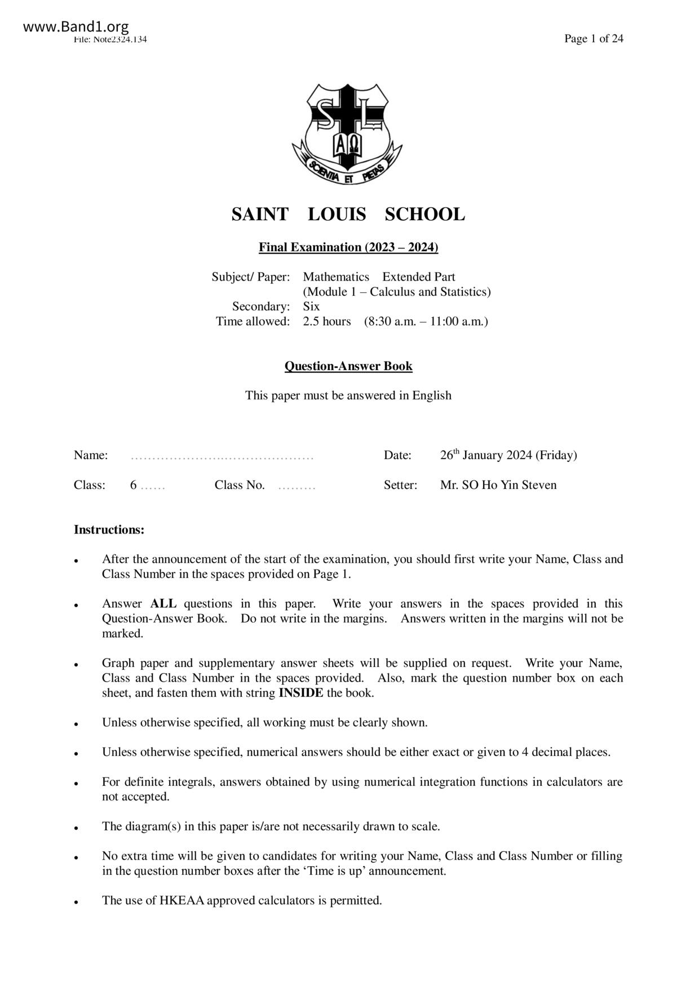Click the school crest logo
347,134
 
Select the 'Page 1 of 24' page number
594,39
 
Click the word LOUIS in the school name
337,215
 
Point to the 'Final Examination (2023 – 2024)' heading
348,247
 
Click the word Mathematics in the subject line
336,277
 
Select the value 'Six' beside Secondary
311,306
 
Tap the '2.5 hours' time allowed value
326,322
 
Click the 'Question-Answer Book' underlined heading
348,366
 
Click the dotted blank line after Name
222,456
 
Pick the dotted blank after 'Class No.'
297,486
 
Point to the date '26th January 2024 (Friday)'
508,455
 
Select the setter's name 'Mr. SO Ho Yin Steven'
498,486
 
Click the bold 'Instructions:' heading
109,530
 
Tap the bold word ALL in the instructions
163,604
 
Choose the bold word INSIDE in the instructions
301,693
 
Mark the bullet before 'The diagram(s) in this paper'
76,828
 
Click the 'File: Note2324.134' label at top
110,39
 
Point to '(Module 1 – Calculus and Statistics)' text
396,292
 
